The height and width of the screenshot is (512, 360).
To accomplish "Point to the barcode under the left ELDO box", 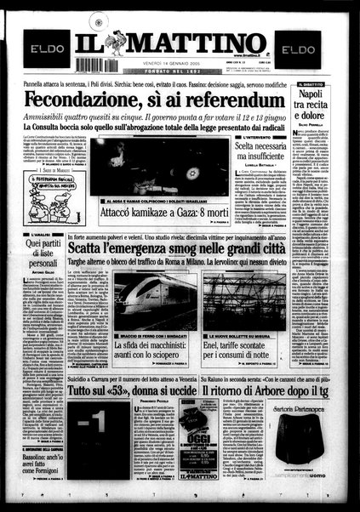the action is tap(95, 65).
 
